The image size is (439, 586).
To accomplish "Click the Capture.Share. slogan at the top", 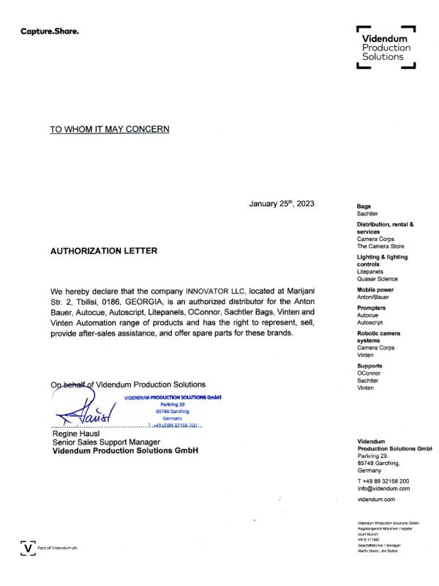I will [x=49, y=31].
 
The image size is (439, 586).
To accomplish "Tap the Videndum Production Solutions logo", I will [x=386, y=48].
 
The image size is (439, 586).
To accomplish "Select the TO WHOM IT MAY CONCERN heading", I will [x=110, y=130].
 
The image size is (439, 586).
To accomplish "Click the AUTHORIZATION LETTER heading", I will [x=103, y=250].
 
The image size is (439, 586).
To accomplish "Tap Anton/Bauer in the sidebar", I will [x=373, y=297].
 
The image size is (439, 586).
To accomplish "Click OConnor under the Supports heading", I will [x=370, y=373].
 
